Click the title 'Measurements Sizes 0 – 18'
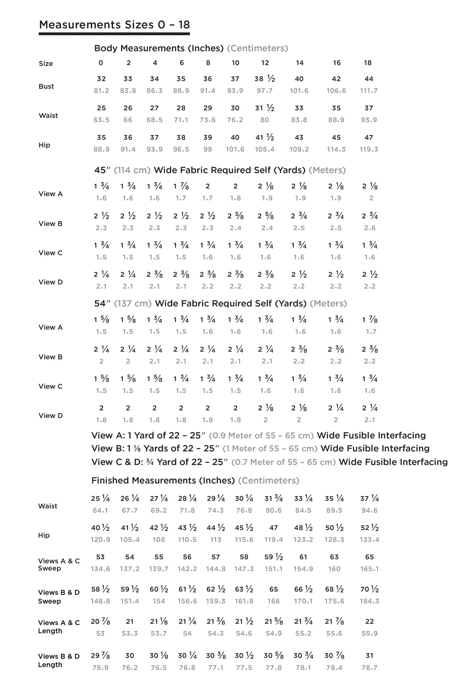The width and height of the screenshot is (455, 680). click(x=114, y=25)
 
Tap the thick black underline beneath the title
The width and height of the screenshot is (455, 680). click(x=114, y=34)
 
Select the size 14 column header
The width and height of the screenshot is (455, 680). click(x=300, y=63)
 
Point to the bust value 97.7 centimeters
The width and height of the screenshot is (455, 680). click(x=265, y=91)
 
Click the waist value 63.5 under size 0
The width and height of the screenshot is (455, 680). click(x=101, y=120)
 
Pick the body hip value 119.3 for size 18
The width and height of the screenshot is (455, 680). click(x=369, y=149)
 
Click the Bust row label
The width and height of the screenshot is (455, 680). click(x=46, y=86)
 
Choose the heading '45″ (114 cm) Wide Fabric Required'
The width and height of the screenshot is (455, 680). click(x=220, y=170)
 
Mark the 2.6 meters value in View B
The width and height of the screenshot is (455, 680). click(x=370, y=228)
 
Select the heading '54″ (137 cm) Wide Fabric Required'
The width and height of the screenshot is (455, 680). click(x=220, y=303)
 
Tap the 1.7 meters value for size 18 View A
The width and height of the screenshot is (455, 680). click(x=371, y=331)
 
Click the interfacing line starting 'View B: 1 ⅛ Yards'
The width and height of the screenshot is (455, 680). click(x=260, y=448)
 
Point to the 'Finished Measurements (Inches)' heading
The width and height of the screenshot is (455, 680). click(x=195, y=480)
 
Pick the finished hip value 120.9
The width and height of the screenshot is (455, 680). click(x=100, y=540)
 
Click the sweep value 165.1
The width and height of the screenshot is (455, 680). click(x=369, y=569)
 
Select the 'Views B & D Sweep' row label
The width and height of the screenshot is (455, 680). click(x=59, y=596)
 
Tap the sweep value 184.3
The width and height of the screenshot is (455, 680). click(x=369, y=601)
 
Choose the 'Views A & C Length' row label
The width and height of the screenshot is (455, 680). click(x=59, y=626)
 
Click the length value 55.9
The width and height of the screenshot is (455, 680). click(x=369, y=633)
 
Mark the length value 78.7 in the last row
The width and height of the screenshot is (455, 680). click(x=369, y=667)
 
